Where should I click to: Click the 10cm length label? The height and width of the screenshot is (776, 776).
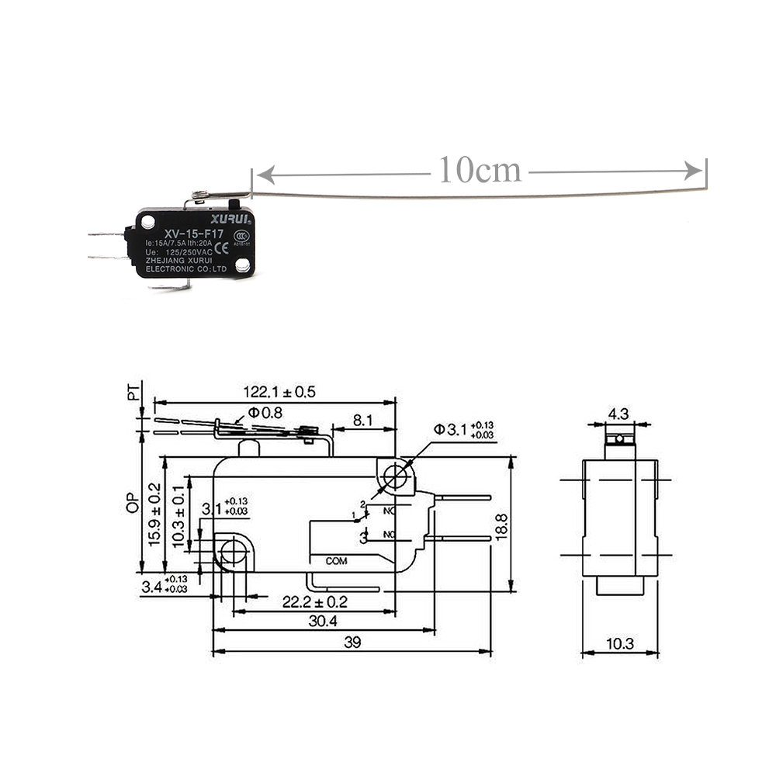coord(480,170)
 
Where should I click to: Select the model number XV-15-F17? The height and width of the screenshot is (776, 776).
coord(193,234)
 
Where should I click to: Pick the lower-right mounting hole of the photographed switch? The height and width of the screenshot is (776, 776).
coord(242,266)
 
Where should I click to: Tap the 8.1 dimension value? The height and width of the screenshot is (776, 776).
coord(362,420)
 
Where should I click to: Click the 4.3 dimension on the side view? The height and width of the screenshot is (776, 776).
coord(618,414)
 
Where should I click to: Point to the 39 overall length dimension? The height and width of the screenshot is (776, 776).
coord(352,643)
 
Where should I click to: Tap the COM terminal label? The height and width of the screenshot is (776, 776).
coord(336,560)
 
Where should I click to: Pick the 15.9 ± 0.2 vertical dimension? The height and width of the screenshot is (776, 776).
coord(154,515)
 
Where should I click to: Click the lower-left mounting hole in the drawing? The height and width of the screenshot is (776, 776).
coord(231,552)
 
